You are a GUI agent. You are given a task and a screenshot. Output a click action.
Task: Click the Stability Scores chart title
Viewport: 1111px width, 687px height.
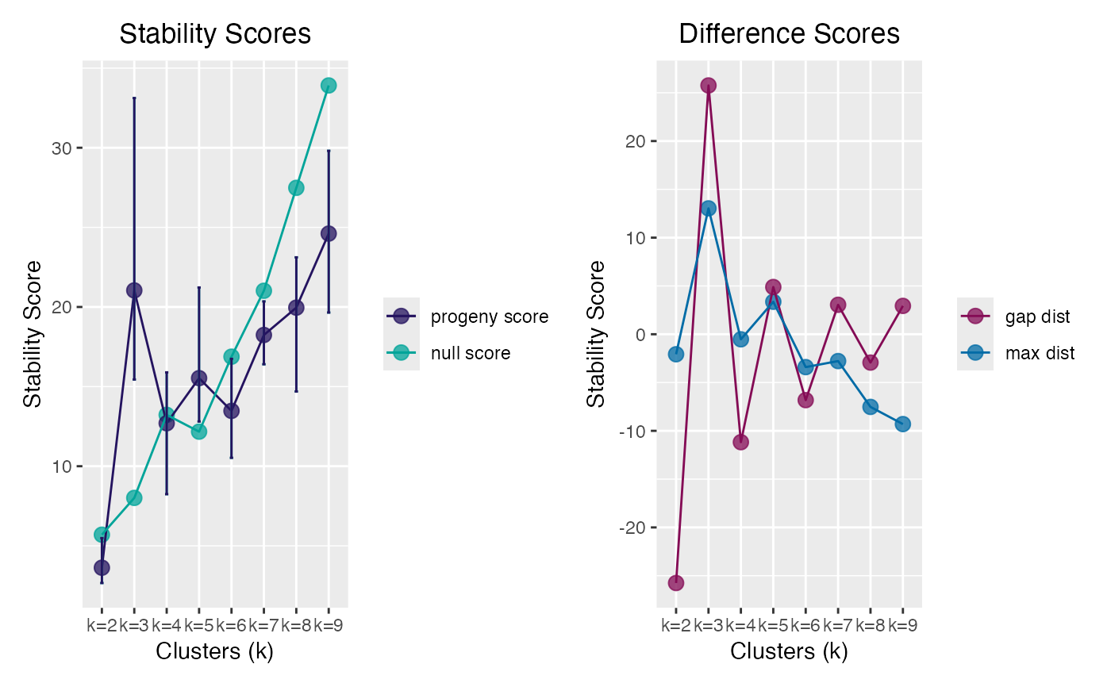pyautogui.click(x=214, y=34)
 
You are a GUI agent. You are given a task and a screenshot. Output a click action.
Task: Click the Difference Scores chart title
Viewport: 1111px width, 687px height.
pyautogui.click(x=789, y=34)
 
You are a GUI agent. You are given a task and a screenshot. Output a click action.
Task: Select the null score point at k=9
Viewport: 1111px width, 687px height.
pyautogui.click(x=329, y=85)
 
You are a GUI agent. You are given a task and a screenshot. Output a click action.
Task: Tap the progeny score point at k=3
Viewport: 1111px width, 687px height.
pyautogui.click(x=134, y=290)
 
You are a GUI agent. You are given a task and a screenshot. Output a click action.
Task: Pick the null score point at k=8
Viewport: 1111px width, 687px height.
pyautogui.click(x=296, y=188)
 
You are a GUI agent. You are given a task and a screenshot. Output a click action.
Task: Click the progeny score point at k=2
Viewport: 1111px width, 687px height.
pyautogui.click(x=102, y=567)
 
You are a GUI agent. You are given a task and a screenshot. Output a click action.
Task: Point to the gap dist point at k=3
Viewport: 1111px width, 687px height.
pyautogui.click(x=708, y=86)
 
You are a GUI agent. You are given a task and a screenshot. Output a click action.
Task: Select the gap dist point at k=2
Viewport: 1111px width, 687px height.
pyautogui.click(x=675, y=583)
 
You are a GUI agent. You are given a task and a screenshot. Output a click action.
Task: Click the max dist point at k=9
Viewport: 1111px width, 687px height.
pyautogui.click(x=902, y=424)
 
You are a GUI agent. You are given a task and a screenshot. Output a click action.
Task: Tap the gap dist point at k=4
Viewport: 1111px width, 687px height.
pyautogui.click(x=740, y=442)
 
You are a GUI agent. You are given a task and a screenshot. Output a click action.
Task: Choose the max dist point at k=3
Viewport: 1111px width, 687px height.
pyautogui.click(x=708, y=209)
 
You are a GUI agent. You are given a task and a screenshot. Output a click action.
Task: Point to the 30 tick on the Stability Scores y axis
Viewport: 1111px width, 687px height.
pyautogui.click(x=62, y=148)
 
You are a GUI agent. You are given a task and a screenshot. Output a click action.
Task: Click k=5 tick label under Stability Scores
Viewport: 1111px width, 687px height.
pyautogui.click(x=199, y=625)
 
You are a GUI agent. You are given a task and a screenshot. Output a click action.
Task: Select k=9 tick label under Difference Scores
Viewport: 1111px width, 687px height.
pyautogui.click(x=903, y=625)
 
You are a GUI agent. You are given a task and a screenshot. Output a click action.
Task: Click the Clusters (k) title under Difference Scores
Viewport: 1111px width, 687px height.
pyautogui.click(x=789, y=652)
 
